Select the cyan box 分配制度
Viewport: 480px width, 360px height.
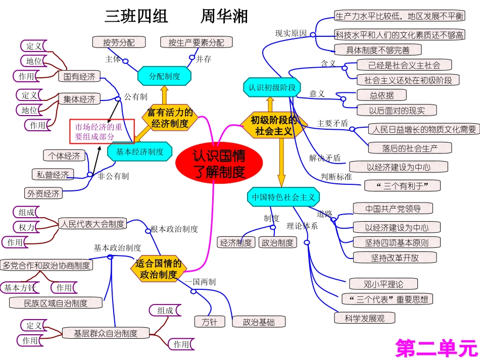pyautogui.click(x=165, y=76)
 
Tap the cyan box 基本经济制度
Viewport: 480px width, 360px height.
pyautogui.click(x=140, y=151)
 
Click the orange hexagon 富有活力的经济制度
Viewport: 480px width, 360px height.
pyautogui.click(x=170, y=117)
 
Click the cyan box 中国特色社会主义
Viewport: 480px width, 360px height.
pyautogui.click(x=283, y=197)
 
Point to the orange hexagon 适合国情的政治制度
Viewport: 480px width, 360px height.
pyautogui.click(x=159, y=269)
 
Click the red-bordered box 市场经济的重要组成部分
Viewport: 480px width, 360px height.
pyautogui.click(x=99, y=132)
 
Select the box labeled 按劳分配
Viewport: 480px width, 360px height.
pyautogui.click(x=119, y=42)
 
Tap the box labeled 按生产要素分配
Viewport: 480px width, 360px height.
pyautogui.click(x=196, y=43)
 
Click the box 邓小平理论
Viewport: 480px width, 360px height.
pyautogui.click(x=376, y=284)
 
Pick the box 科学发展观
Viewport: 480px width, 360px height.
pyautogui.click(x=364, y=318)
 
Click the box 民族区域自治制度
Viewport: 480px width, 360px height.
pyautogui.click(x=56, y=303)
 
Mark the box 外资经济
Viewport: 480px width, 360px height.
pyautogui.click(x=43, y=193)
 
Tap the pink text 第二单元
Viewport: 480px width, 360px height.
pyautogui.click(x=436, y=348)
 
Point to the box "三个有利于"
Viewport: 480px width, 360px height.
pyautogui.click(x=402, y=186)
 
